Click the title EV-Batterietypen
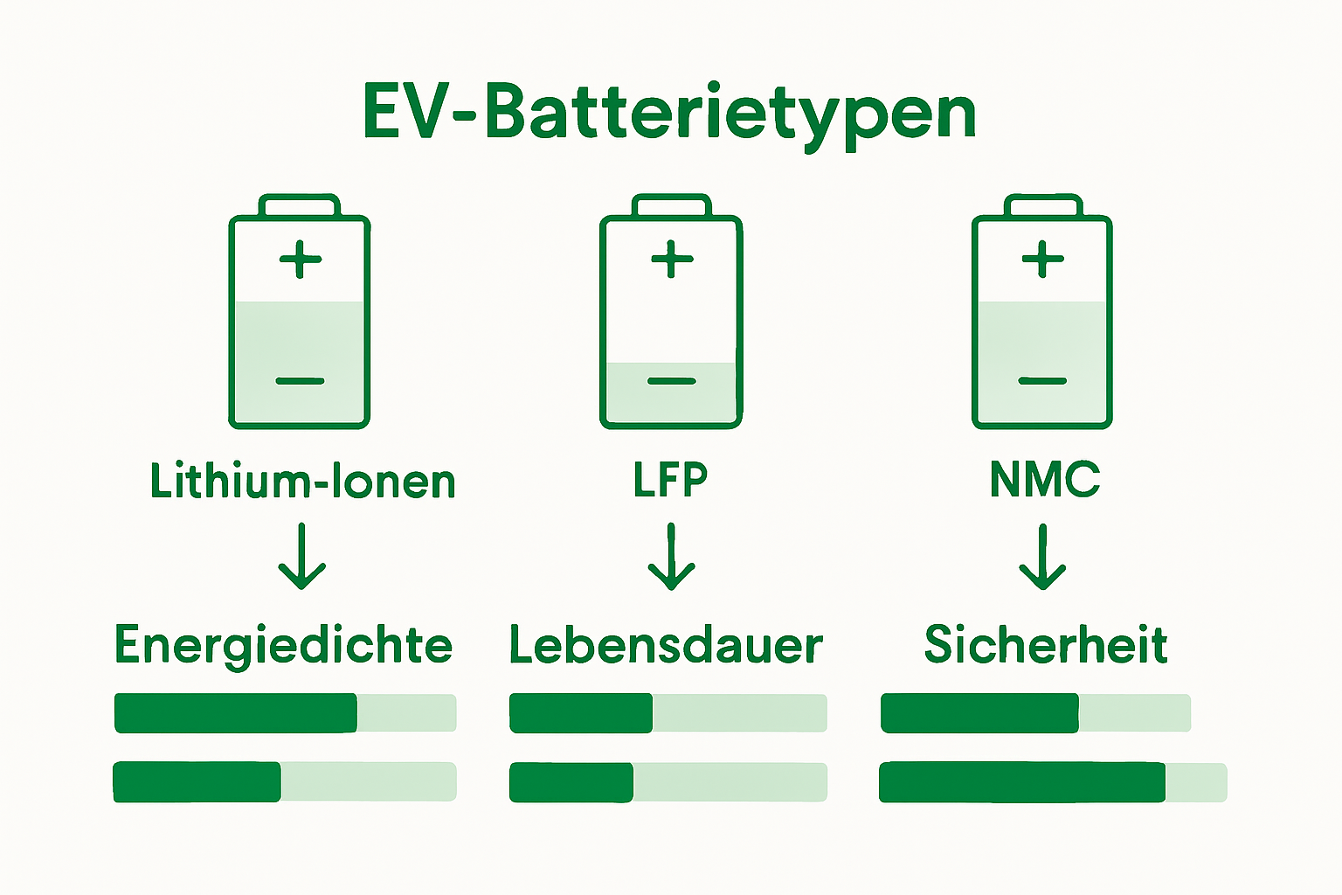pos(669,112)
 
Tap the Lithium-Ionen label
pos(302,481)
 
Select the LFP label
pos(670,479)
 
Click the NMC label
pos(1044,479)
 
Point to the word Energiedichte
pos(284,645)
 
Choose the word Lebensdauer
pos(666,645)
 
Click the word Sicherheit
pos(1046,645)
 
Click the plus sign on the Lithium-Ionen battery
pos(301,259)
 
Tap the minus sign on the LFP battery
pos(671,381)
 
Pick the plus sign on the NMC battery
pos(1043,259)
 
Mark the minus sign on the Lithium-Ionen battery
pos(300,381)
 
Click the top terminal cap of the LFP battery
pos(670,206)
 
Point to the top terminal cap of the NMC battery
pos(1043,206)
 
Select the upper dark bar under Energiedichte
pos(236,713)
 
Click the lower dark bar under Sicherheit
pos(1022,782)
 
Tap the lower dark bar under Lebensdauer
pos(571,782)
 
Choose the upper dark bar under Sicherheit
pos(979,713)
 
